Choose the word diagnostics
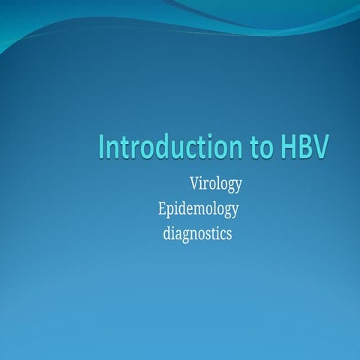(197, 233)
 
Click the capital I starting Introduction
(103, 147)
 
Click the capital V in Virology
(195, 184)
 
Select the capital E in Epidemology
(162, 208)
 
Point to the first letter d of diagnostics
(166, 233)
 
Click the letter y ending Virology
(238, 186)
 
